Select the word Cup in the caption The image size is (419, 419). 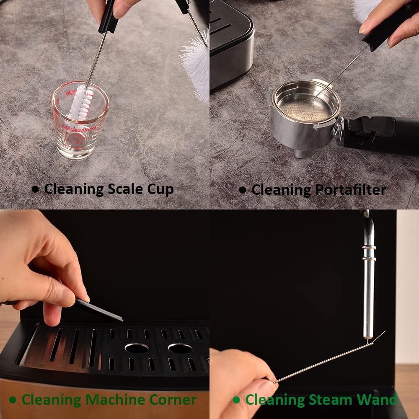(161, 190)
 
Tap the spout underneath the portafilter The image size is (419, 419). (300, 153)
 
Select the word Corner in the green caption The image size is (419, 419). (174, 399)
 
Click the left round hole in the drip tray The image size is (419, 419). (137, 348)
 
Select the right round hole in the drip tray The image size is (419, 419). (180, 348)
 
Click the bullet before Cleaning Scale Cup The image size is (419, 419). (35, 189)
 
